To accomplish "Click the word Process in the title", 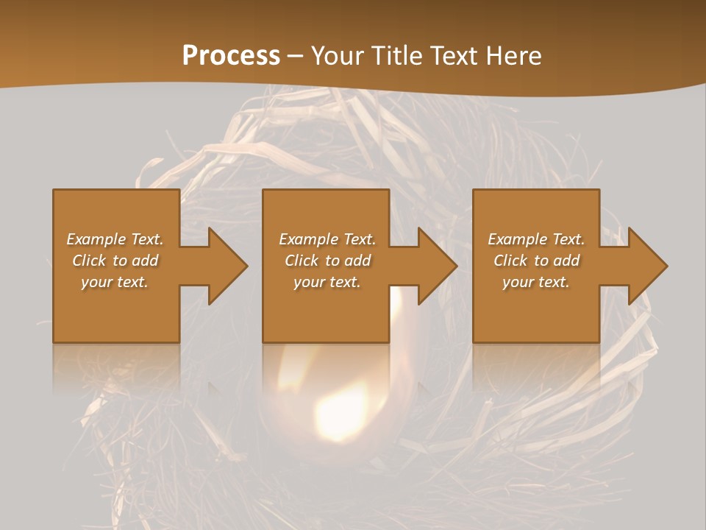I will click(231, 56).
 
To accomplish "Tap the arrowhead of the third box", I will click(646, 266).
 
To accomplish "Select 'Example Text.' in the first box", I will click(115, 239).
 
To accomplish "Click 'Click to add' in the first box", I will click(115, 261).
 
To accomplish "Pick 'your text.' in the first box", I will click(115, 282).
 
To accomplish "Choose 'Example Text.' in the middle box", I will click(327, 239).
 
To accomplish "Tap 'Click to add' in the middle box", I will click(327, 261).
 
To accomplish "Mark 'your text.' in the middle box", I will click(327, 282).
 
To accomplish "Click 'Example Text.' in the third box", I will click(536, 239).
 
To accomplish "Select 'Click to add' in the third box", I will click(536, 261).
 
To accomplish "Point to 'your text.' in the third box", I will click(536, 282).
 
